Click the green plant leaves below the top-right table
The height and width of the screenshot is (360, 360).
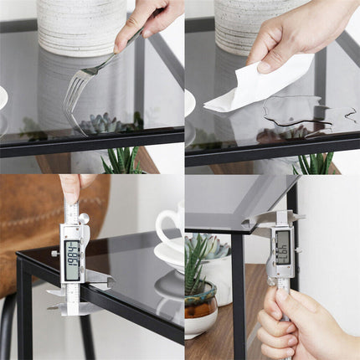[314, 162]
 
